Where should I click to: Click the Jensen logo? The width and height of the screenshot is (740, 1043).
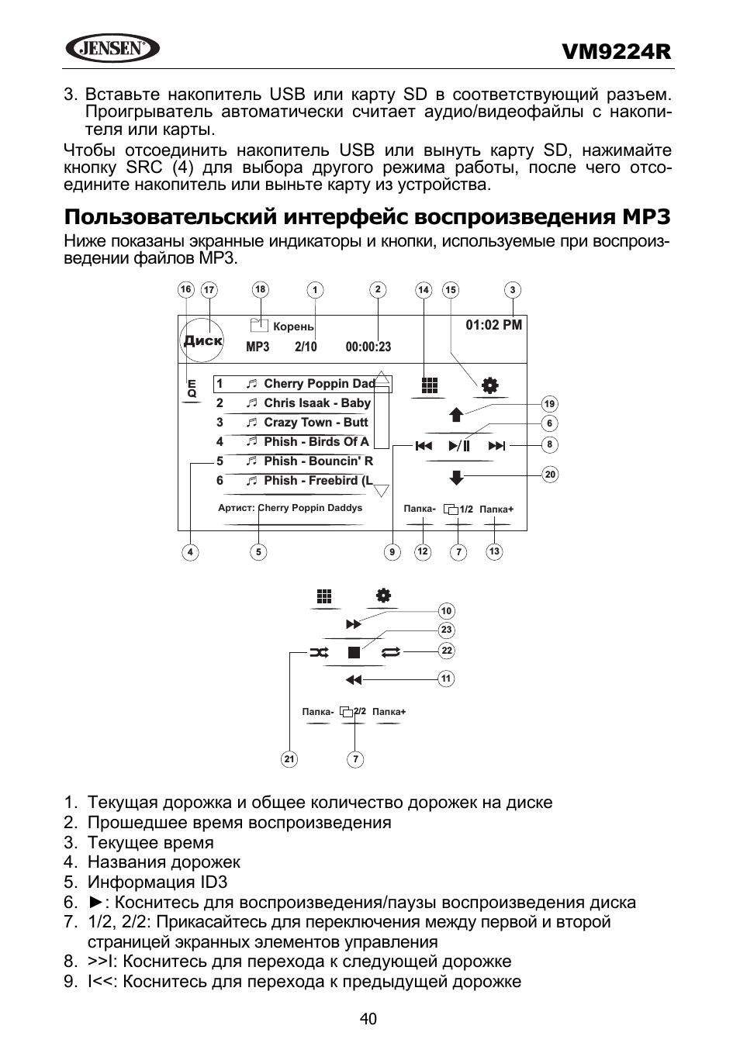(112, 48)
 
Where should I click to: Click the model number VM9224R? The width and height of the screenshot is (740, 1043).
(616, 52)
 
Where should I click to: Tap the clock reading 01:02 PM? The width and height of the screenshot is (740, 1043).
(493, 325)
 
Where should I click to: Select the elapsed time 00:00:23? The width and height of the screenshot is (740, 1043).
(368, 347)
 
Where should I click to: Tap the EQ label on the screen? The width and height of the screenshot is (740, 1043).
(192, 389)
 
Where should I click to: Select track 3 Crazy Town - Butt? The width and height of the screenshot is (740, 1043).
(292, 423)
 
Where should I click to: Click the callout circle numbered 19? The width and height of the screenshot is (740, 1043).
(549, 404)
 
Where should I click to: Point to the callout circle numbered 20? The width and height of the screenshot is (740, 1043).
(550, 475)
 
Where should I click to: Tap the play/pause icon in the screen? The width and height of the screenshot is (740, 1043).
(459, 446)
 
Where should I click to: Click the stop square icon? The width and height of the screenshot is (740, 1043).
(354, 653)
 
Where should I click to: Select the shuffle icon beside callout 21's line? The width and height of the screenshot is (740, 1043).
(319, 653)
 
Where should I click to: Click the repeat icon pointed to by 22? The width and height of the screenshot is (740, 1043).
(390, 653)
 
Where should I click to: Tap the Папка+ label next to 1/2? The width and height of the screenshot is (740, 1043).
(496, 509)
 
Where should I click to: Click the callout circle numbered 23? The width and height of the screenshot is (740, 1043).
(446, 630)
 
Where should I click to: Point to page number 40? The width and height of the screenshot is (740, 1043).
(368, 1019)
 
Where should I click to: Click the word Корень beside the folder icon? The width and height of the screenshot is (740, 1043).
(293, 326)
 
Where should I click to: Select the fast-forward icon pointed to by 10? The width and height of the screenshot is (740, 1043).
(354, 624)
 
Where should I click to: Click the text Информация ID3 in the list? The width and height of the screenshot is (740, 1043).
(157, 882)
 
